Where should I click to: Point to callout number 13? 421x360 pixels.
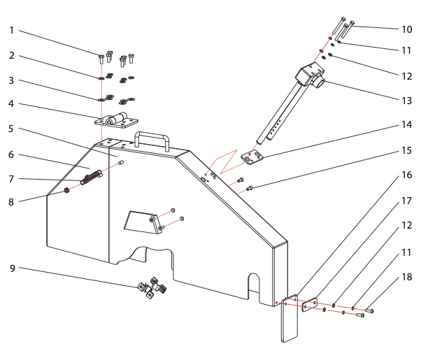click(x=406, y=101)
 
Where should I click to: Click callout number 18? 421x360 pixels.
click(x=406, y=278)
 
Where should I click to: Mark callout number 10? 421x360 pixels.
click(x=406, y=29)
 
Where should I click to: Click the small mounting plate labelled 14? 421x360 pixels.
click(x=252, y=158)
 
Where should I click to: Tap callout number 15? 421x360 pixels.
click(x=406, y=149)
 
